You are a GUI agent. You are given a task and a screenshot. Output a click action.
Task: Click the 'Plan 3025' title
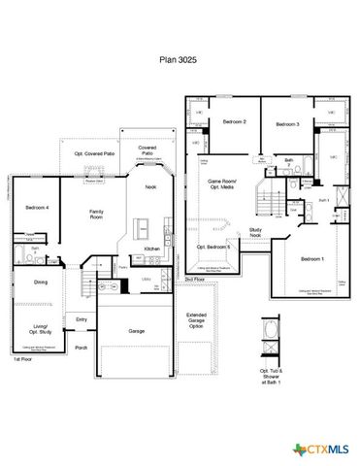180,60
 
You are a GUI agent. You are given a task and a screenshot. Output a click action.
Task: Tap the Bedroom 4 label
37,208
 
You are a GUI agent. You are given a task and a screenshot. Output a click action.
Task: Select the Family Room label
97,215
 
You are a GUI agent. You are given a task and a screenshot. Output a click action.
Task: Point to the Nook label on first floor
150,186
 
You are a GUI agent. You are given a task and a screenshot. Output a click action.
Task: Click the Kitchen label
152,249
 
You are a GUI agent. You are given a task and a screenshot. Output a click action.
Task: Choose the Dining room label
41,283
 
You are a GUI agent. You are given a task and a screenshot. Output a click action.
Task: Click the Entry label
82,319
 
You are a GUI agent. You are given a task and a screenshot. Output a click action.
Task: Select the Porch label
82,348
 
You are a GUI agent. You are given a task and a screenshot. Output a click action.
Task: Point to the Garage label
137,331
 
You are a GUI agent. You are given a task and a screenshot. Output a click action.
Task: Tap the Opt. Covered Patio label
95,153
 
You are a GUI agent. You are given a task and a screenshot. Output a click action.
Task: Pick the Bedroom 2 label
234,121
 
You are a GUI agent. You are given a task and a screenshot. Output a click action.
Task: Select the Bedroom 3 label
285,125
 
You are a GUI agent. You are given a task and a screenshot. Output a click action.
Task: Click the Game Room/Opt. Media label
226,184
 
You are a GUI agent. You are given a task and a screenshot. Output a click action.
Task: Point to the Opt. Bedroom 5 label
213,247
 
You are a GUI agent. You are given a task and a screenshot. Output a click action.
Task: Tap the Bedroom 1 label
311,258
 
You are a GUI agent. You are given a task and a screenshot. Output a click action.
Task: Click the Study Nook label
255,232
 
